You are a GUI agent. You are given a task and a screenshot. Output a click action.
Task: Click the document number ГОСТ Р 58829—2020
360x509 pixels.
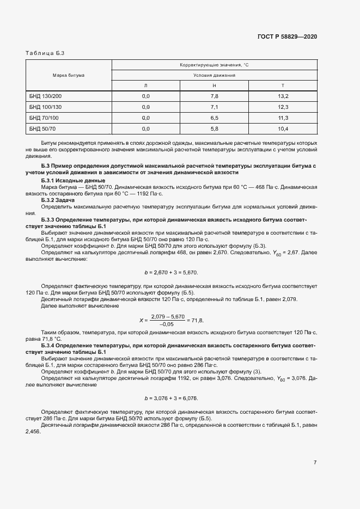click(x=286, y=36)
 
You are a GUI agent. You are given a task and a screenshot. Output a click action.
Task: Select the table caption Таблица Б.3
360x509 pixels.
click(x=45, y=53)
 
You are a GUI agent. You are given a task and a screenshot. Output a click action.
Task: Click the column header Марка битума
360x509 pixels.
click(x=69, y=75)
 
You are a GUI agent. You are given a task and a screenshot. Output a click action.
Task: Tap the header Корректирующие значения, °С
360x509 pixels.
click(x=214, y=65)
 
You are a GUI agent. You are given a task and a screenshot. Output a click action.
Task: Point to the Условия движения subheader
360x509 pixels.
click(x=214, y=75)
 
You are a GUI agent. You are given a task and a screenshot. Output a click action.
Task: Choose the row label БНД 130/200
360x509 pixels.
click(x=46, y=96)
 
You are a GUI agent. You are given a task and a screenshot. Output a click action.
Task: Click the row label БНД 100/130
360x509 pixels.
click(x=46, y=107)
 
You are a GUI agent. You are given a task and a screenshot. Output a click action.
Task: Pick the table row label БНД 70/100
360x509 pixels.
click(x=44, y=118)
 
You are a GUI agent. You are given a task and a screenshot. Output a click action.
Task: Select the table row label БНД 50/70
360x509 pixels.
click(x=42, y=128)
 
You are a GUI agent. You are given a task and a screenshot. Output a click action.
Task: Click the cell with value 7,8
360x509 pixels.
click(x=214, y=96)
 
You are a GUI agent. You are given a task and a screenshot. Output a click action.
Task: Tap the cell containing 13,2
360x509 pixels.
click(x=283, y=96)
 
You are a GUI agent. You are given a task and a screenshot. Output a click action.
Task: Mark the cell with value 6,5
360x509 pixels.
click(x=214, y=118)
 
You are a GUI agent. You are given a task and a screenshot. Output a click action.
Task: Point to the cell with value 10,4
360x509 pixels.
click(x=283, y=128)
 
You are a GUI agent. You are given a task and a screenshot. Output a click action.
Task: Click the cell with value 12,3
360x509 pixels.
click(x=283, y=107)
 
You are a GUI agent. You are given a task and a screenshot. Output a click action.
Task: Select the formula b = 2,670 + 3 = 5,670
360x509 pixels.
click(x=171, y=272)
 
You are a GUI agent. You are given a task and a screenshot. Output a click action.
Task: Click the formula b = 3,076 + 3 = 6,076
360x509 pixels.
click(x=171, y=398)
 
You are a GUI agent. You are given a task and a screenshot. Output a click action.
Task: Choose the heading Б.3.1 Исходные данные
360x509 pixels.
click(x=73, y=180)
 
